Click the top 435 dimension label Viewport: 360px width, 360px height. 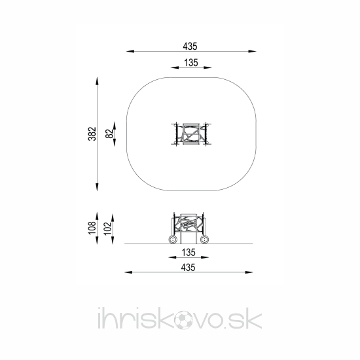point(190,46)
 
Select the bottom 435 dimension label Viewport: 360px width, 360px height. point(188,268)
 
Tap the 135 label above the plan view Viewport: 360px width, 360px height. point(191,63)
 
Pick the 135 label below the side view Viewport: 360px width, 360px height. point(189,253)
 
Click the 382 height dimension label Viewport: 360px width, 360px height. point(92,134)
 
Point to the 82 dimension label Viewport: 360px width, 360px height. point(109,134)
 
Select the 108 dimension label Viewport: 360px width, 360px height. point(92,228)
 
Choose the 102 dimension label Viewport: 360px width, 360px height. point(108,228)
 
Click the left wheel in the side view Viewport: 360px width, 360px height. point(173,240)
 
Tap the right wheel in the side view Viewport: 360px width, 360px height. point(204,240)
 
